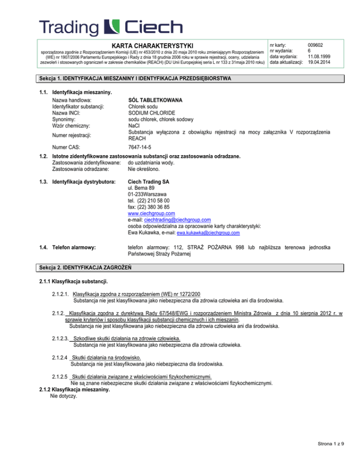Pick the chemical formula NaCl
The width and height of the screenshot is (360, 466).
[x=134, y=126]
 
